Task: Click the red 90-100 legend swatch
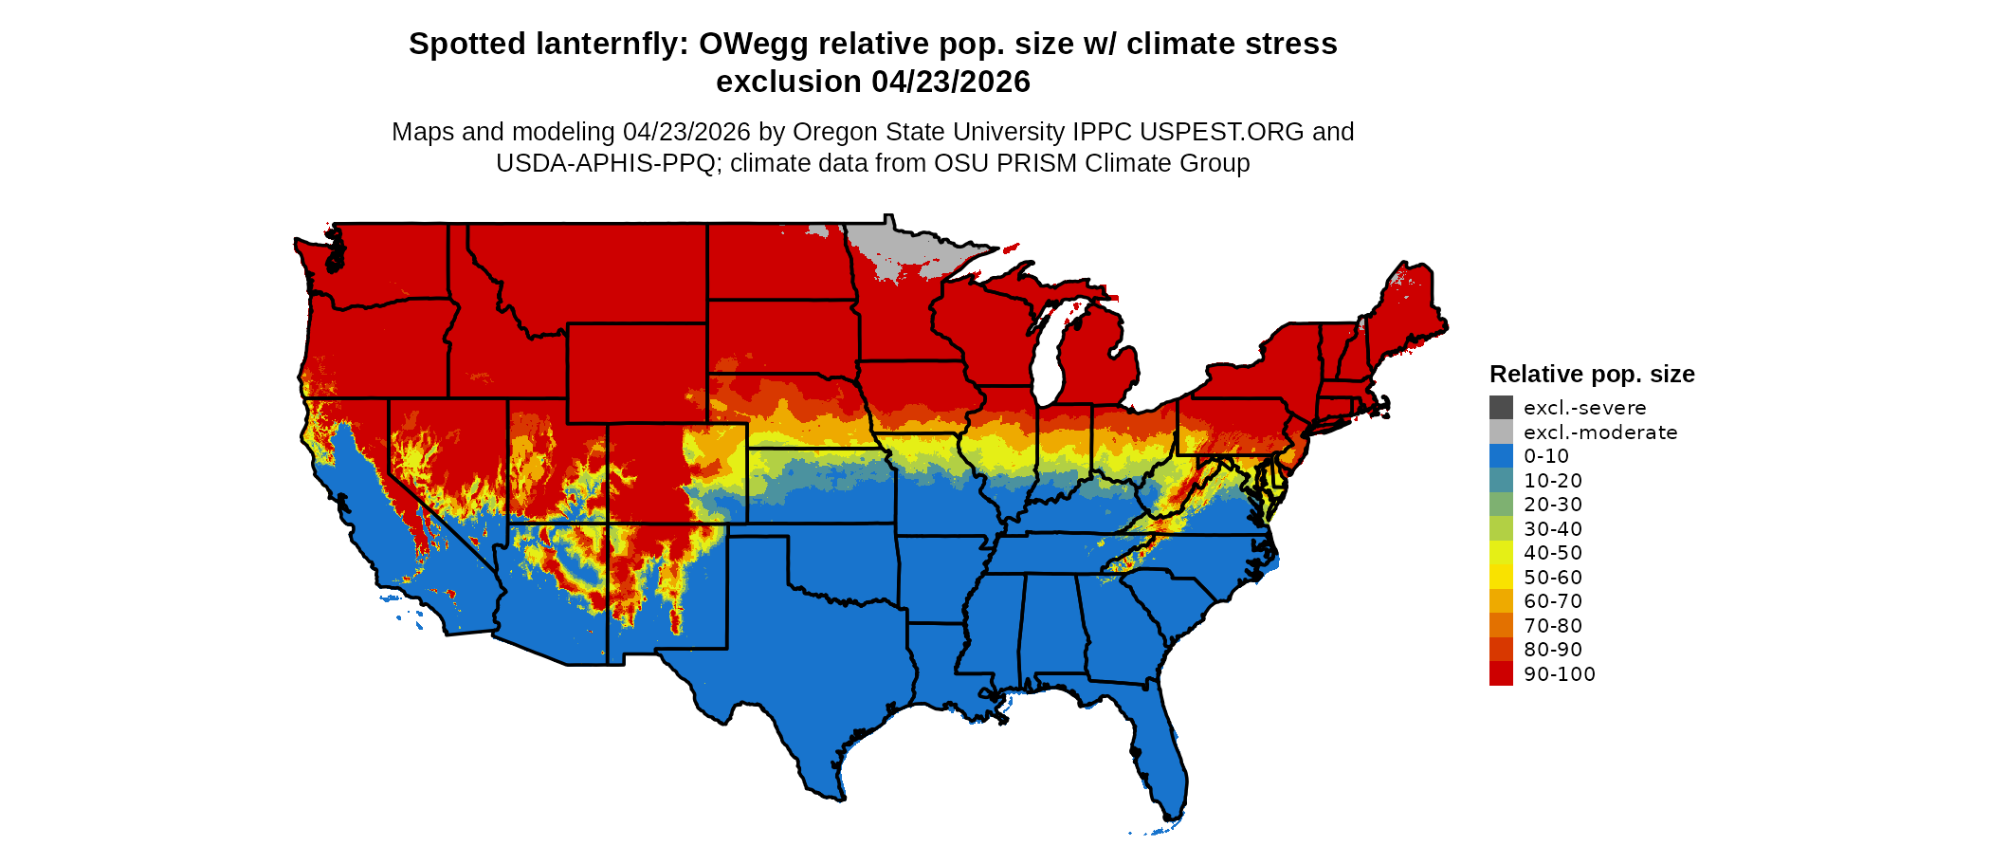(x=1501, y=673)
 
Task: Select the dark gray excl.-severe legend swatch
(x=1501, y=408)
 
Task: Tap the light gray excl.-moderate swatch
(x=1501, y=432)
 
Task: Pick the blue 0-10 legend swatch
(x=1501, y=456)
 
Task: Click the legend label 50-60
(x=1552, y=577)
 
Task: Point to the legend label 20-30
(x=1552, y=505)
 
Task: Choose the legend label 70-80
(x=1552, y=625)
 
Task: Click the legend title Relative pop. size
(x=1591, y=374)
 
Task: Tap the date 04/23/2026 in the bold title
(x=950, y=82)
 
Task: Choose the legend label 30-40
(x=1552, y=528)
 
